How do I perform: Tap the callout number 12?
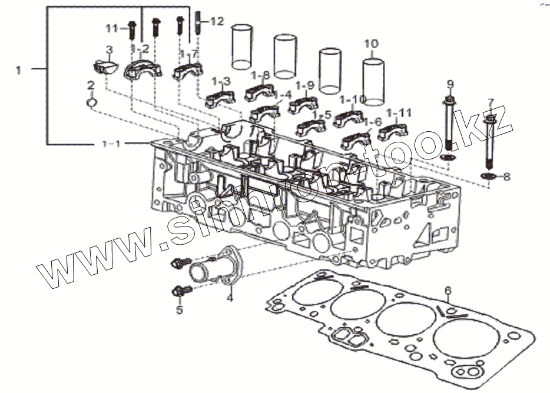217,22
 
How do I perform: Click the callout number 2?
91,86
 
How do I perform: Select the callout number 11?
112,28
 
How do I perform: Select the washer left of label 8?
488,176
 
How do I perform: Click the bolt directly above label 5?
180,290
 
